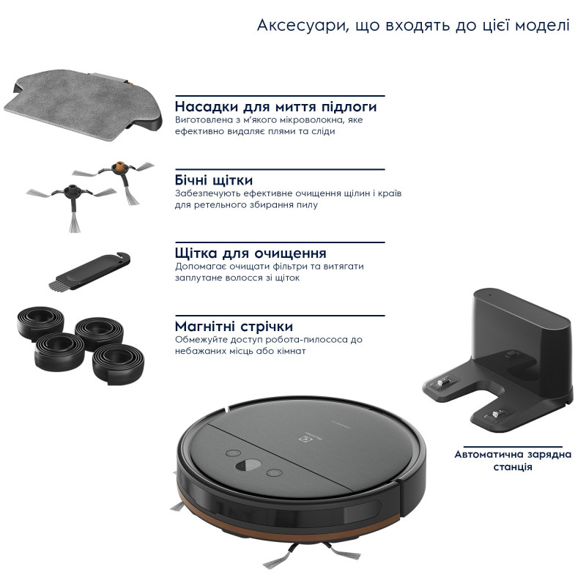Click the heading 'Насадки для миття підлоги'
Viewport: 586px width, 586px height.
click(x=276, y=105)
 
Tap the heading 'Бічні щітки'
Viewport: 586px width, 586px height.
click(x=215, y=179)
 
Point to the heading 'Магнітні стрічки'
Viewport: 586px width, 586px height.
click(x=234, y=326)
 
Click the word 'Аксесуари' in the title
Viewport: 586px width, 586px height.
click(x=293, y=26)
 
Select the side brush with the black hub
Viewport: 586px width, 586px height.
click(x=74, y=193)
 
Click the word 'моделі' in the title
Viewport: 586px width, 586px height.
click(x=542, y=26)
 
